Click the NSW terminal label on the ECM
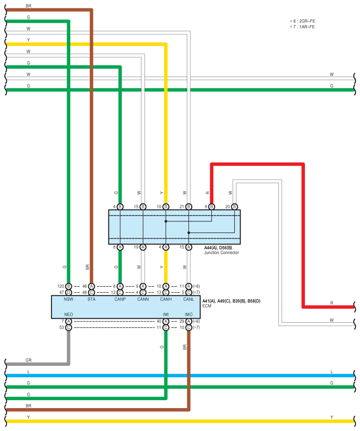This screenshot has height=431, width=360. (x=68, y=299)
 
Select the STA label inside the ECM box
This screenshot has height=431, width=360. (x=91, y=299)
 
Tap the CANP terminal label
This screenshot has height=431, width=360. (x=120, y=299)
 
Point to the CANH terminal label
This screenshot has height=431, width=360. (x=166, y=299)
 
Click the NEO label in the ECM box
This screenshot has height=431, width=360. (x=68, y=314)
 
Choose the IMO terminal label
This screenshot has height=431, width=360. (x=189, y=314)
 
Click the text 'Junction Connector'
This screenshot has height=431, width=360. (x=221, y=253)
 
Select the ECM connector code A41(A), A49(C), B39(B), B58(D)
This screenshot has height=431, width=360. (x=231, y=301)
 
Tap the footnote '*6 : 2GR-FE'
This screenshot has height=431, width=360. (x=303, y=21)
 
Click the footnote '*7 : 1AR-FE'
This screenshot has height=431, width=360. (x=302, y=27)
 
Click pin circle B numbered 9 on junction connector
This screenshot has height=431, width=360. (x=212, y=207)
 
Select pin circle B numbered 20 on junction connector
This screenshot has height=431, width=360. (x=234, y=207)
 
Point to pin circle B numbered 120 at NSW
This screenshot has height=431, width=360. (x=68, y=287)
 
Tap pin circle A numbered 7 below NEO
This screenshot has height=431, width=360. (x=68, y=321)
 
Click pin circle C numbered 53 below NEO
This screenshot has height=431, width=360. (x=68, y=328)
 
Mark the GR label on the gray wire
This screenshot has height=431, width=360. (x=28, y=360)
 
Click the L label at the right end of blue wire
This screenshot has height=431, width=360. (x=332, y=372)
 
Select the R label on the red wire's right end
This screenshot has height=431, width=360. (x=332, y=303)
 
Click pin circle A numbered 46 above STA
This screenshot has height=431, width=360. (x=91, y=287)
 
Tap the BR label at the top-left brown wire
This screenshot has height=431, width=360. (x=28, y=6)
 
